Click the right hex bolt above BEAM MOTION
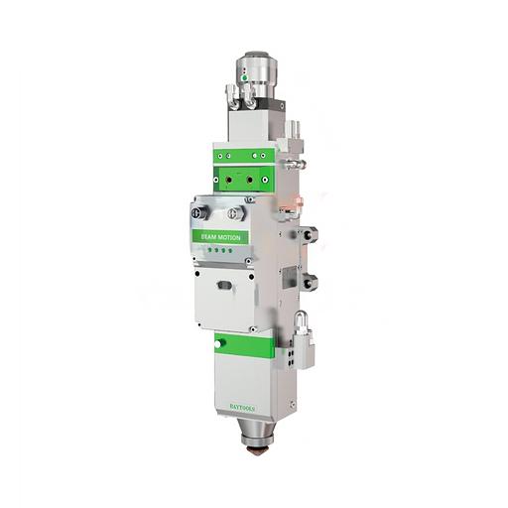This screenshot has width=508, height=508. click(234, 212)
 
